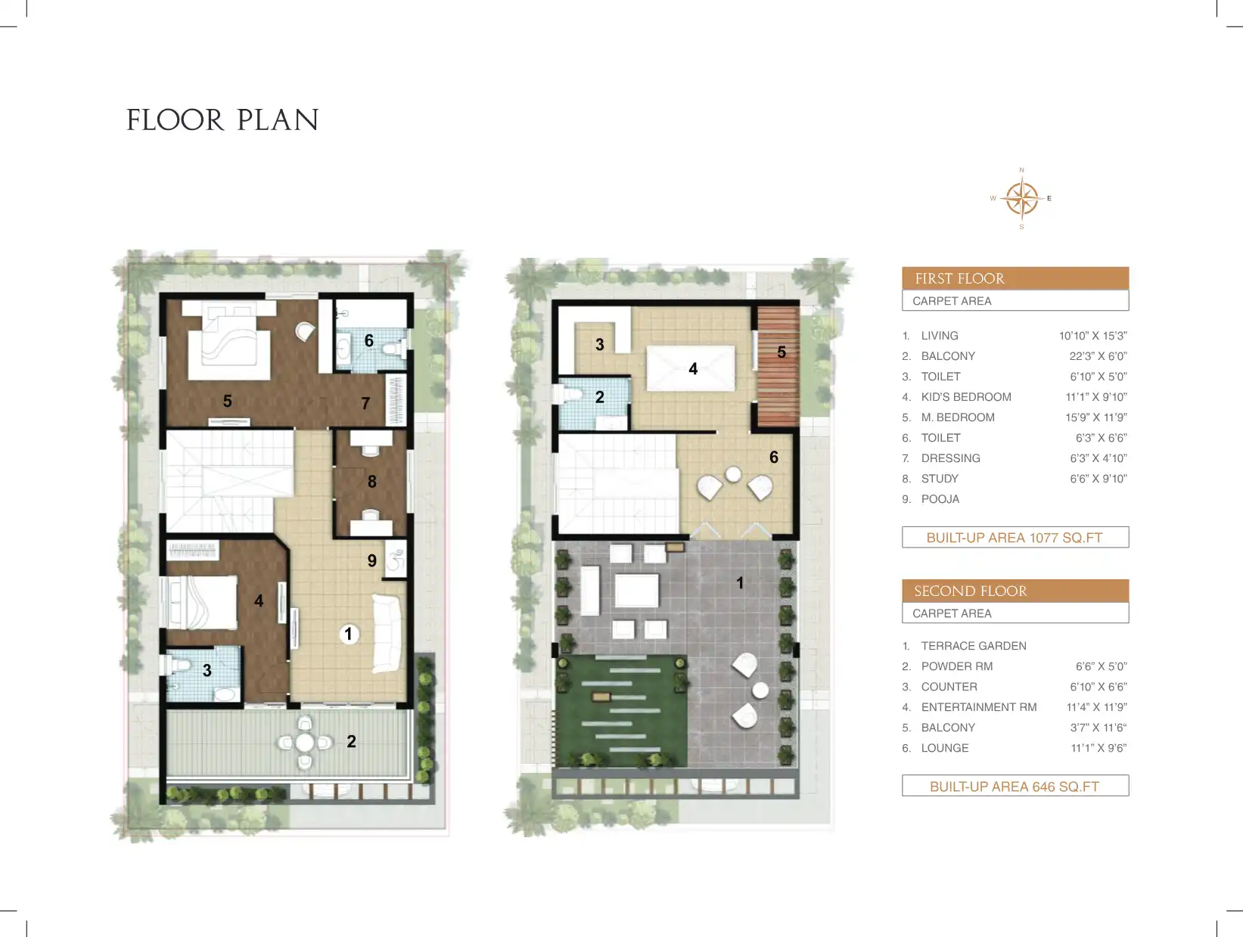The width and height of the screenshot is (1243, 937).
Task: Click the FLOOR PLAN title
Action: tap(222, 120)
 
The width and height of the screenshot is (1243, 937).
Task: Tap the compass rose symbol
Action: tap(1021, 199)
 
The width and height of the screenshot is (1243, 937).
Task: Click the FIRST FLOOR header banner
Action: tap(1015, 278)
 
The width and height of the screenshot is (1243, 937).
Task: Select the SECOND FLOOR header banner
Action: tap(1015, 591)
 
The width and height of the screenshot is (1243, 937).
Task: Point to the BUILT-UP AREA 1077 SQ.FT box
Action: tap(1015, 538)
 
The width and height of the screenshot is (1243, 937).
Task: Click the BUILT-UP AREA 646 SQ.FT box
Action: tap(1015, 786)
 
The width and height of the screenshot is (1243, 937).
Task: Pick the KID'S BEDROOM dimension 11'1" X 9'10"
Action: tap(1095, 397)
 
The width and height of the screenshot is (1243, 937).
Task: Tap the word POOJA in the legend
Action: tap(940, 499)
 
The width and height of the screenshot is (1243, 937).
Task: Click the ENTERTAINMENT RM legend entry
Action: tap(978, 707)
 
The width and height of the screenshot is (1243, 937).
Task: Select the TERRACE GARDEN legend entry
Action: tap(974, 646)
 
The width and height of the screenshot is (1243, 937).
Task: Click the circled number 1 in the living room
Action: tap(349, 634)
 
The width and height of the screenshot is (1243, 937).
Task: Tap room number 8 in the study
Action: tap(372, 482)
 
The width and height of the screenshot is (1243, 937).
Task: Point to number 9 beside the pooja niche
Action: tap(372, 560)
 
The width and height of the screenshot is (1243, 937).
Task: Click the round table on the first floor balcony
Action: tap(305, 742)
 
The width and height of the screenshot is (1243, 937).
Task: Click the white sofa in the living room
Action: tap(387, 634)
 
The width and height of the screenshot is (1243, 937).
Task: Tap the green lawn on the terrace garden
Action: tap(620, 711)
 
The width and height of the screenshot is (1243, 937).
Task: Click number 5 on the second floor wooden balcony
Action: tap(782, 352)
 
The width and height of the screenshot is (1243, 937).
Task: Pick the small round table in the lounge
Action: tap(733, 474)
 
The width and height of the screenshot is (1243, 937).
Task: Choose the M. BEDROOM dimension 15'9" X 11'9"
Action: tap(1095, 417)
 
